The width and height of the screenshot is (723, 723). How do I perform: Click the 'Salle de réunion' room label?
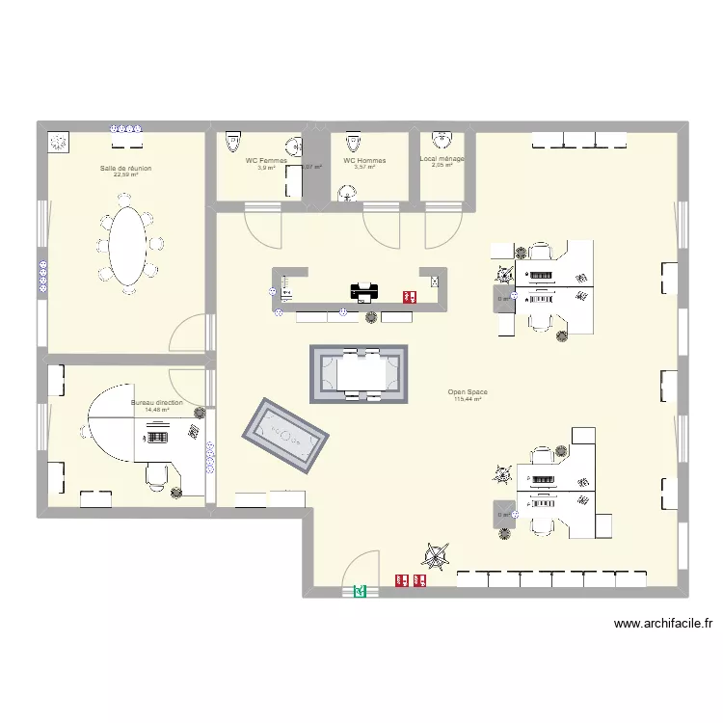[x=125, y=168]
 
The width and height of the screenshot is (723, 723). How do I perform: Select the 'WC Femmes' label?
[x=266, y=161]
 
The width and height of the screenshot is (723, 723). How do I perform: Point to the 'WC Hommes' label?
[x=364, y=161]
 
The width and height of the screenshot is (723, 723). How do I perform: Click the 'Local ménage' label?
[x=442, y=159]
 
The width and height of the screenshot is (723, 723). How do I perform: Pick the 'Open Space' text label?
[x=468, y=392]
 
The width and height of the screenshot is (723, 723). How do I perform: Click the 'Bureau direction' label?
[x=156, y=403]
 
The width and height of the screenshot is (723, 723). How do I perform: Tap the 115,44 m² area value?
[x=468, y=399]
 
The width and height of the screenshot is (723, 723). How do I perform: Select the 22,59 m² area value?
[x=125, y=174]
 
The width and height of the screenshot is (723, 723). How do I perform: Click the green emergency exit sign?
[x=361, y=592]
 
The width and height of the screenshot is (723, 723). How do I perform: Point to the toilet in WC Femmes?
[x=231, y=143]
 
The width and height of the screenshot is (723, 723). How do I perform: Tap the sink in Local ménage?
[x=442, y=138]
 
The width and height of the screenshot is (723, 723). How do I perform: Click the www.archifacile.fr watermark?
[x=663, y=624]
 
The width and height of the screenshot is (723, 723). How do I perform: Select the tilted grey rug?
[x=285, y=436]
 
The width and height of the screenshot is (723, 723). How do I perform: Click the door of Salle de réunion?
[x=189, y=334]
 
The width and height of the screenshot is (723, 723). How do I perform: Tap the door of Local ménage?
[x=443, y=228]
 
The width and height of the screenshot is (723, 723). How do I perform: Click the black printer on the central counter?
[x=362, y=290]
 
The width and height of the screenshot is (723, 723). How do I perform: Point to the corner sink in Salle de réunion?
[x=59, y=142]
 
